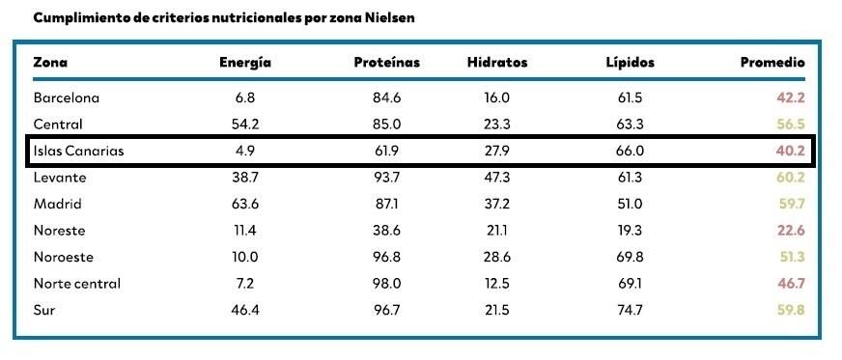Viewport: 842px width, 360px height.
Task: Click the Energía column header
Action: (x=245, y=63)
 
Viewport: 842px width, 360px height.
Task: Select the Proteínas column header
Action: (x=386, y=63)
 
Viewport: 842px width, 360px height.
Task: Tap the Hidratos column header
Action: (x=497, y=63)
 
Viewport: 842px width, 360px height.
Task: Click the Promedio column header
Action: (x=772, y=63)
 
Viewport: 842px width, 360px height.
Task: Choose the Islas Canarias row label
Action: (x=78, y=151)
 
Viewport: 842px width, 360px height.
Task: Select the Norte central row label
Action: (x=77, y=285)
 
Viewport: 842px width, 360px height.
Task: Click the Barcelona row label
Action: (x=67, y=97)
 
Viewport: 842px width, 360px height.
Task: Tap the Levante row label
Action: (x=60, y=178)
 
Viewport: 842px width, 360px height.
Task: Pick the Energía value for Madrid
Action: (x=245, y=204)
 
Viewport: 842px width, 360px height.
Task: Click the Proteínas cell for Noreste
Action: (x=386, y=231)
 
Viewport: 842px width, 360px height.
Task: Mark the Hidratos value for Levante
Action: (x=497, y=178)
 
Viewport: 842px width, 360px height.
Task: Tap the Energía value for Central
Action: (x=245, y=124)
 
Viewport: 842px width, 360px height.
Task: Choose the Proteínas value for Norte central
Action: (x=386, y=285)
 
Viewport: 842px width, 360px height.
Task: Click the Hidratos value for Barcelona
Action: (x=497, y=97)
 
